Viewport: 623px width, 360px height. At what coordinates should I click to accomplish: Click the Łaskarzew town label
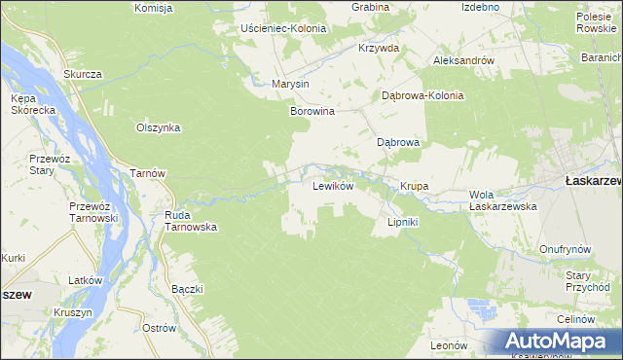[x=590, y=180]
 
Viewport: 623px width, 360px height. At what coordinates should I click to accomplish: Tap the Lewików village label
[x=332, y=185]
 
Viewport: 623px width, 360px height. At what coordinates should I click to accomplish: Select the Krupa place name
[x=415, y=186]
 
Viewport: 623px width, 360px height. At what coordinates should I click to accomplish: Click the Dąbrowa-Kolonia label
[x=422, y=96]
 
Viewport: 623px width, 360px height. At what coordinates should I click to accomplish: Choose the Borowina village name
[x=312, y=112]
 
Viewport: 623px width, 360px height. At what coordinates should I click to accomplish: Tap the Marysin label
[x=291, y=84]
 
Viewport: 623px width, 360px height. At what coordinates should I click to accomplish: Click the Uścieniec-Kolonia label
[x=286, y=28]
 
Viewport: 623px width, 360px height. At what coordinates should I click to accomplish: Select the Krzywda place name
[x=379, y=48]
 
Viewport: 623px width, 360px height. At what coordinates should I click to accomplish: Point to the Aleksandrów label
[x=463, y=60]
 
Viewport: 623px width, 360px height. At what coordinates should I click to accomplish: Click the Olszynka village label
[x=159, y=127]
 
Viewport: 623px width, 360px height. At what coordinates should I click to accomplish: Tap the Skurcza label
[x=83, y=74]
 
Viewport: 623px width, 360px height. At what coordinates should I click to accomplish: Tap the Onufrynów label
[x=566, y=249]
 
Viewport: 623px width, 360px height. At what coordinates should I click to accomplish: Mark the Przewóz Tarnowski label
[x=93, y=212]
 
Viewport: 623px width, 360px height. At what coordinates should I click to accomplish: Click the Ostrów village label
[x=158, y=328]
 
